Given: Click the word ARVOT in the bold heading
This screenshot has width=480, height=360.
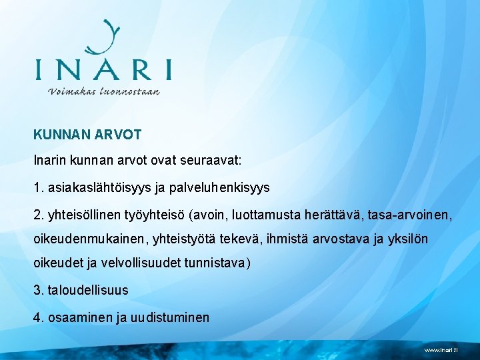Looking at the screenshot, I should click(118, 135).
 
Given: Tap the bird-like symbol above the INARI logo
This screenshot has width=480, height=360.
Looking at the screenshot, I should click(105, 38).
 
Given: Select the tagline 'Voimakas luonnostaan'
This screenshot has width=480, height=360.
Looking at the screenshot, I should click(103, 91).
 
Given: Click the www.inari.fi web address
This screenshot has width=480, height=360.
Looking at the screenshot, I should click(441, 350).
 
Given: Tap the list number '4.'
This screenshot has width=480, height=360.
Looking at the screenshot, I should click(39, 317).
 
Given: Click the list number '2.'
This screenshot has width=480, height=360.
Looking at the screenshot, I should click(39, 215).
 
